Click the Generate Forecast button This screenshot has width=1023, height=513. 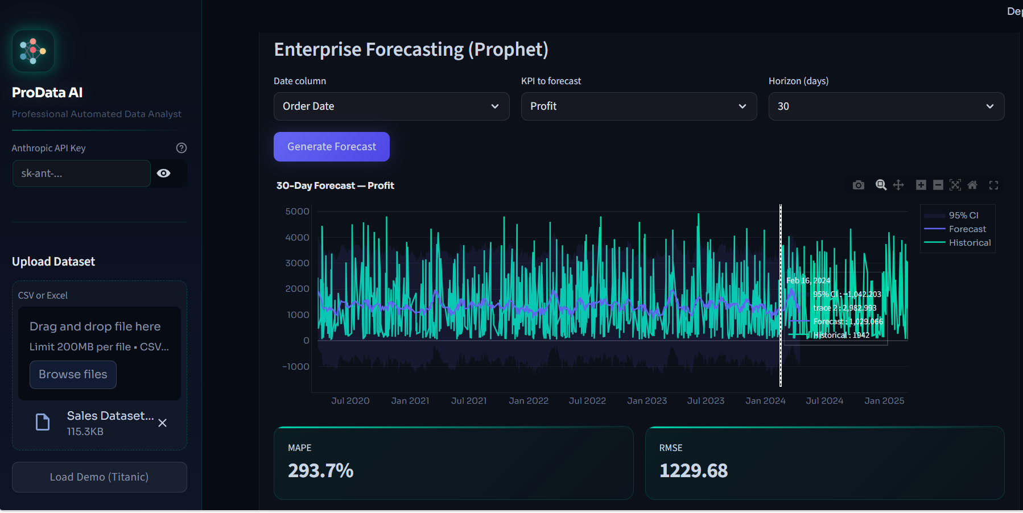click(331, 147)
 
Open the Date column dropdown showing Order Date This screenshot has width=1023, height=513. click(391, 106)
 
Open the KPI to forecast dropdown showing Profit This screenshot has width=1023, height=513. click(638, 106)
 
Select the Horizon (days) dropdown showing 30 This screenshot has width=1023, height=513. click(886, 106)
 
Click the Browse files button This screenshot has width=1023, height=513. click(73, 375)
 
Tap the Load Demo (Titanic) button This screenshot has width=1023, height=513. click(99, 477)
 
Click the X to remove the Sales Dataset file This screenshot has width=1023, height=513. click(163, 423)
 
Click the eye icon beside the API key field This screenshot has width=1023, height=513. click(164, 173)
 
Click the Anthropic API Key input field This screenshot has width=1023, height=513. click(81, 173)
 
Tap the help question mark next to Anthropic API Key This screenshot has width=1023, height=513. click(181, 148)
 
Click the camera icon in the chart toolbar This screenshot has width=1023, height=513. click(859, 185)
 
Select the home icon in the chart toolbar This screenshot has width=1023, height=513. click(972, 185)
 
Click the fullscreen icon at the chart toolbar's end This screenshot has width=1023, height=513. click(993, 185)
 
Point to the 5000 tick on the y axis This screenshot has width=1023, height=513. click(297, 212)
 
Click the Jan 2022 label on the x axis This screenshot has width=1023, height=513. click(529, 401)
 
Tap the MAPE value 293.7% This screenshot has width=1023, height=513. click(320, 471)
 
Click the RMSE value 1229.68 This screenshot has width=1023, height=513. click(693, 471)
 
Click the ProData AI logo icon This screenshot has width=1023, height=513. click(33, 51)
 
